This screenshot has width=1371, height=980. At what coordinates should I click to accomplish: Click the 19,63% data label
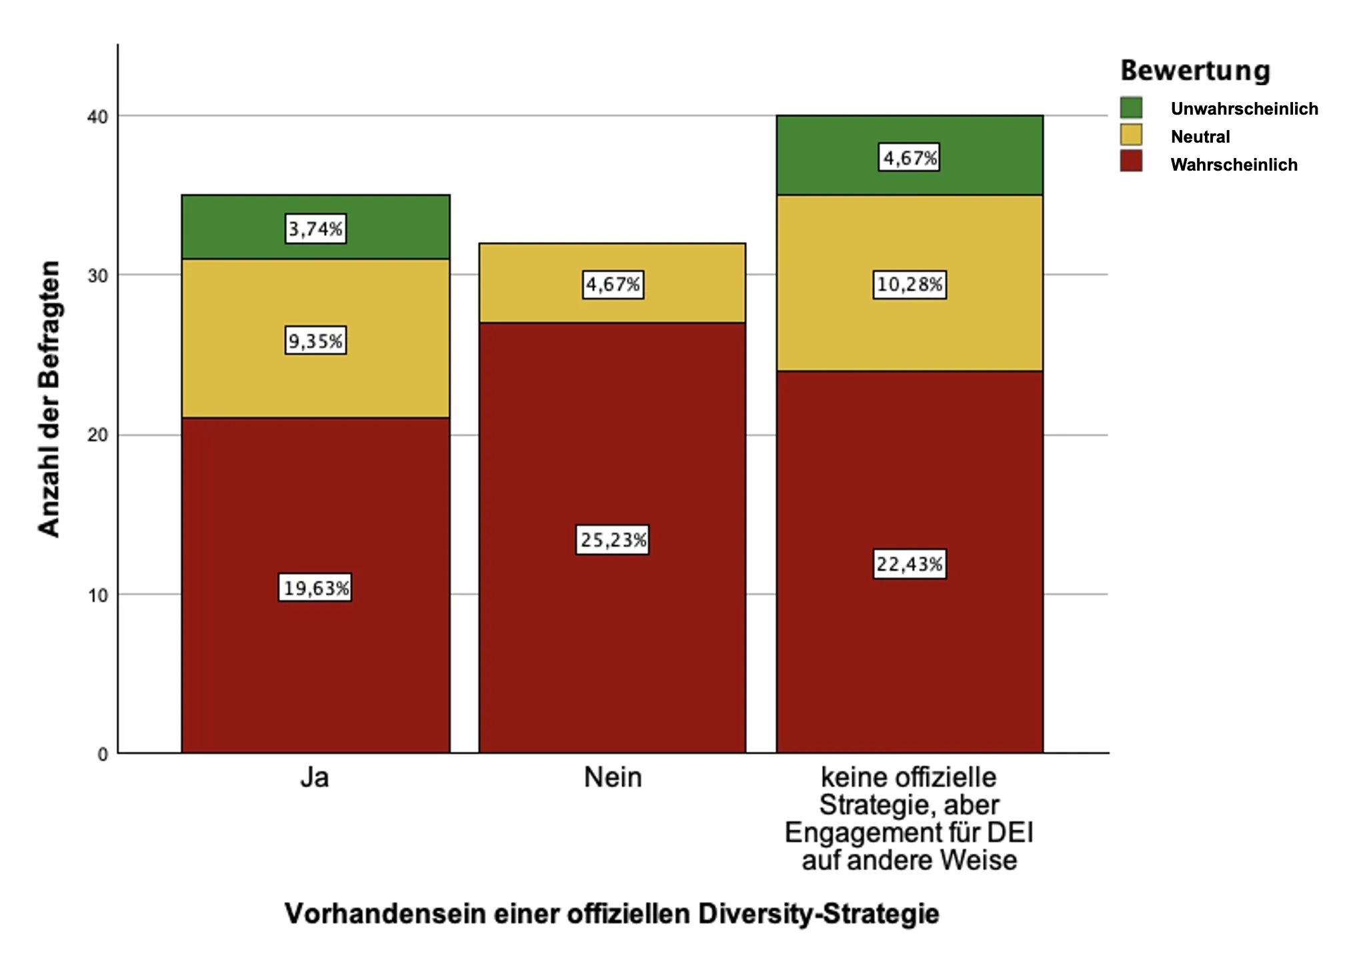tap(315, 588)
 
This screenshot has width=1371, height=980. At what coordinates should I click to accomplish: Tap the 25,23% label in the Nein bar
tap(612, 540)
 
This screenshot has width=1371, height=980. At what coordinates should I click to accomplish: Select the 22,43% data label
tap(910, 565)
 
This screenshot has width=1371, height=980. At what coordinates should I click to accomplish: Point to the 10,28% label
tap(910, 285)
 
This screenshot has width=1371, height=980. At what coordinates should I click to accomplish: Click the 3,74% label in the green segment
tap(315, 229)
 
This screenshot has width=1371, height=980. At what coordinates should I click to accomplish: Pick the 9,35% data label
tap(315, 341)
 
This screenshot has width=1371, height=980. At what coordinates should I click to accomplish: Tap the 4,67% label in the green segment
tap(910, 157)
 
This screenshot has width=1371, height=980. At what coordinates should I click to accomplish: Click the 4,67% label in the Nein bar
tap(612, 285)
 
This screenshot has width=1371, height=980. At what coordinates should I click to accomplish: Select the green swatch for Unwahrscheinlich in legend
tap(1131, 107)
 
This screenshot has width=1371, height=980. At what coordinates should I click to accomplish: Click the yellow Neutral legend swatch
tap(1131, 135)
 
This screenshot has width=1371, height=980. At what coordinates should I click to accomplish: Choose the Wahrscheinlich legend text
tap(1234, 165)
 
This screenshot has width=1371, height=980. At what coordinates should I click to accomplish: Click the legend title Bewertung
tap(1195, 71)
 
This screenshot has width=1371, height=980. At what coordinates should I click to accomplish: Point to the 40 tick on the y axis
tap(97, 117)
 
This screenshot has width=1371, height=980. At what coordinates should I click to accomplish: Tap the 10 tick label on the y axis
tap(97, 595)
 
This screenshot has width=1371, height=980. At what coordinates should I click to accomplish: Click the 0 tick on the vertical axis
tap(103, 755)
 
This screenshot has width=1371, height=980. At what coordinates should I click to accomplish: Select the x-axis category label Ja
tap(314, 778)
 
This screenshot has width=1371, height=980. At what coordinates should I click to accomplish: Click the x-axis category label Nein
tap(612, 778)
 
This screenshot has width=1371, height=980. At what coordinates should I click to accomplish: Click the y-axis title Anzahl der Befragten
tap(49, 399)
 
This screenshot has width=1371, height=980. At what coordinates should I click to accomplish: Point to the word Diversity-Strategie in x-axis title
tap(818, 913)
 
